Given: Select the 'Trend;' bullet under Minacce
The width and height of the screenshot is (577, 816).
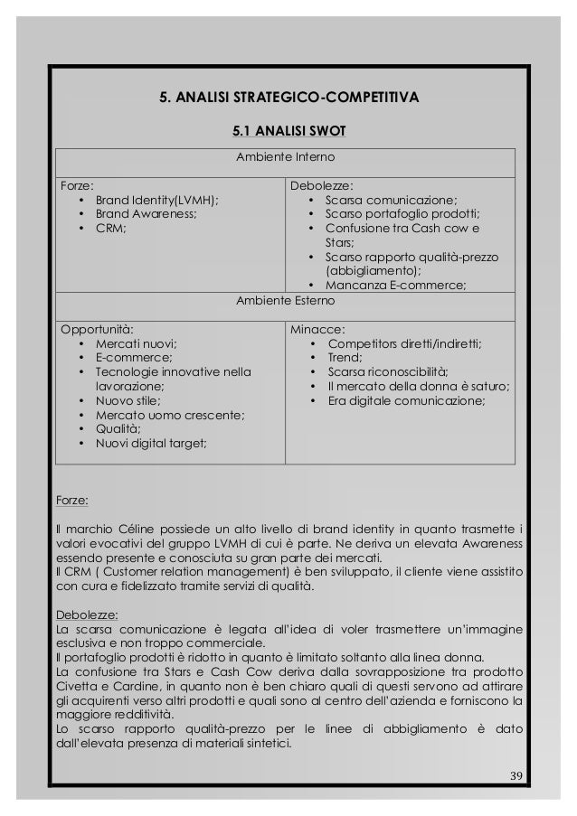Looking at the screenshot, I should (345, 358).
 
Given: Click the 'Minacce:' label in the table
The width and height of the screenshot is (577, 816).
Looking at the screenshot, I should (314, 329).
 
